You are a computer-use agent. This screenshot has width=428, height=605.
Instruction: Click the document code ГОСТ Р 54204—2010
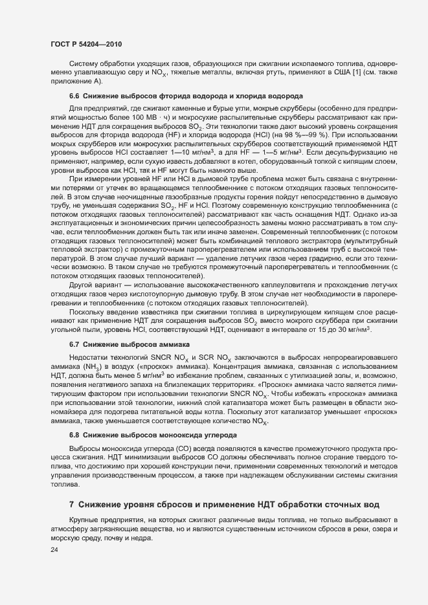point(85,44)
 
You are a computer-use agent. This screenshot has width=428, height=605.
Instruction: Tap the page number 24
point(54,550)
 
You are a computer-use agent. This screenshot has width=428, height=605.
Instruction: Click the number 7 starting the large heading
point(72,504)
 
